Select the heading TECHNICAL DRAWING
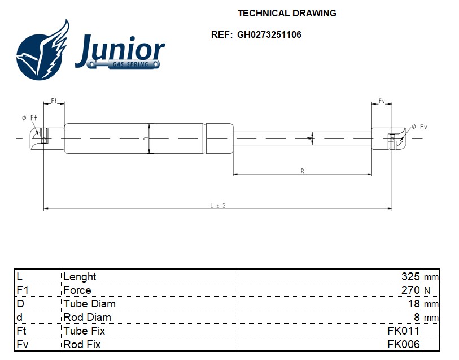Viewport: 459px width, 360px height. pos(287,13)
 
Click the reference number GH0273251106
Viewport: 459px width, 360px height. pos(269,34)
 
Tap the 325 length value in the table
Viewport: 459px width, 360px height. pos(410,276)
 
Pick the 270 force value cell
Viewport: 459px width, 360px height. pos(410,290)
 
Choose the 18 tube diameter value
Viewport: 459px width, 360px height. pos(414,303)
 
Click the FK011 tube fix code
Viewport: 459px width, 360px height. pos(403,331)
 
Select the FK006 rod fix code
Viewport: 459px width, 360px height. pos(403,344)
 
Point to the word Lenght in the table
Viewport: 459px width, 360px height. pos(80,276)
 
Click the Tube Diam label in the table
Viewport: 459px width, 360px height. pos(89,303)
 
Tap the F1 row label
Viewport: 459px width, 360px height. pos(22,290)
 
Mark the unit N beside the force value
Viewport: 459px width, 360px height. pos(427,290)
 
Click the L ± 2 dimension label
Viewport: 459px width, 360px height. pos(218,206)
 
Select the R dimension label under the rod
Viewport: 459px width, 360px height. pos(303,171)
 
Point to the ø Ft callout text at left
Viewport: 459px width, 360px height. pos(29,118)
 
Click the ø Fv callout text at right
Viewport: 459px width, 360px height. pos(419,127)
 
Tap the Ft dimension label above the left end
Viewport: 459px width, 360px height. pos(54,101)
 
